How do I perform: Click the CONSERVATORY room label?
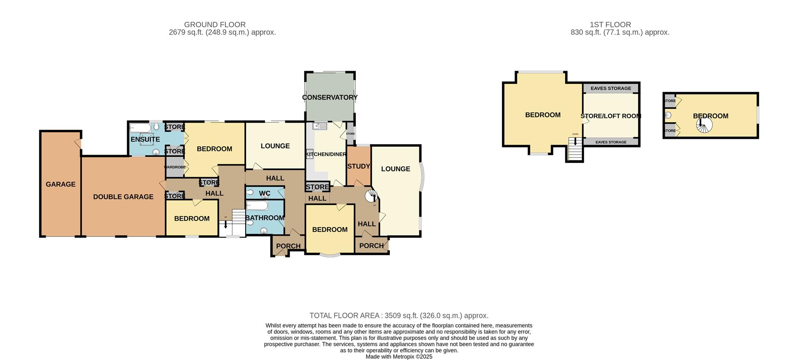coord(330,97)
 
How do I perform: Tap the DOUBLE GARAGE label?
coord(123,197)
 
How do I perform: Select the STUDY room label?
coord(358,166)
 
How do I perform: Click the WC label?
coord(265,194)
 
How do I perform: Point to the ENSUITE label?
coord(145,140)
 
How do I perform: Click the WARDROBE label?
coord(175,167)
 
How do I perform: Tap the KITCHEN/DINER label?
coord(326,155)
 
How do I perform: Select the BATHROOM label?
coord(265,218)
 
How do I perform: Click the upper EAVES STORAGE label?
coord(611,89)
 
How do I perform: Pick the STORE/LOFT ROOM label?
coord(611,116)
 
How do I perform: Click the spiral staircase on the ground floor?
coord(371,196)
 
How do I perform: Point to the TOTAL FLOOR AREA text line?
coord(399,316)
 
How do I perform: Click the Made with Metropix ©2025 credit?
coord(399,357)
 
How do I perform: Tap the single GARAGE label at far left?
coord(61,184)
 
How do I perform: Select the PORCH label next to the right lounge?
coord(371,246)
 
